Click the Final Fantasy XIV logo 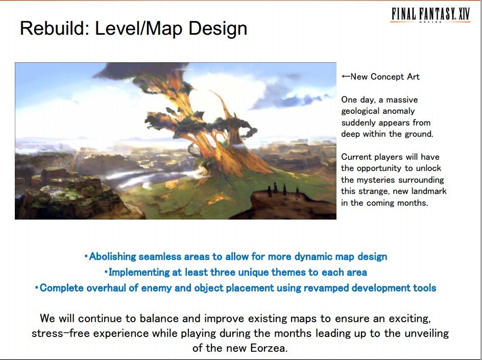coord(430,15)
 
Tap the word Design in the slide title coord(218,29)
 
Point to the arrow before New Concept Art coord(346,77)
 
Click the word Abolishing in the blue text coord(112,257)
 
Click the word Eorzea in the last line coord(269,348)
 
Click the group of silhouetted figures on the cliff coord(283,190)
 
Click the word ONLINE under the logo coord(430,22)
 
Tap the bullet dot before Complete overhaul coord(37,288)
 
